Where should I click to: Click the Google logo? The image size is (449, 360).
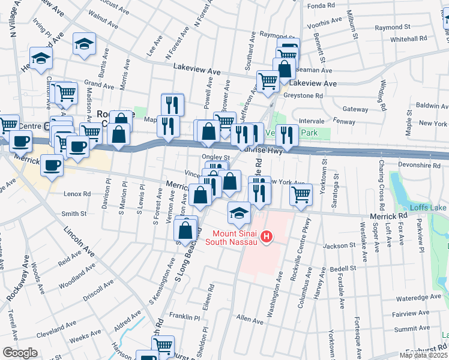[19, 353]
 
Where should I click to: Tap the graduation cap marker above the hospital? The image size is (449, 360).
[238, 212]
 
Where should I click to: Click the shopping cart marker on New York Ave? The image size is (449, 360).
[301, 194]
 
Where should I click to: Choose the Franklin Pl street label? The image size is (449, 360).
[184, 317]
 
